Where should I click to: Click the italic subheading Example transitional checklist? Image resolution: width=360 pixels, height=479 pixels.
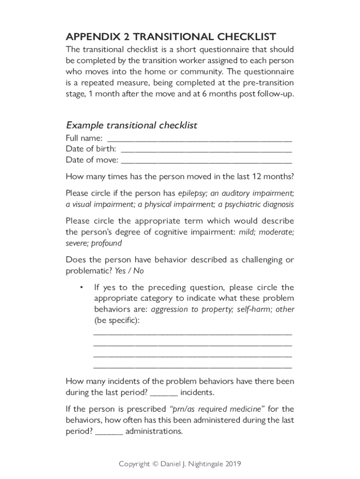coord(131,125)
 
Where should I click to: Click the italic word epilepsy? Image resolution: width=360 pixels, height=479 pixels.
coord(193,193)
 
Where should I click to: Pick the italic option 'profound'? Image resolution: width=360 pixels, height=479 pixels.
coord(107,243)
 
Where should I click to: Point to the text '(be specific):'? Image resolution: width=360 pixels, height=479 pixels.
coord(117,321)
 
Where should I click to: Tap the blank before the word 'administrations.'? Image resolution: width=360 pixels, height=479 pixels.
coord(109,432)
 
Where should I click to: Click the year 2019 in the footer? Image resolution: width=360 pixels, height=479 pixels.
coord(233,464)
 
